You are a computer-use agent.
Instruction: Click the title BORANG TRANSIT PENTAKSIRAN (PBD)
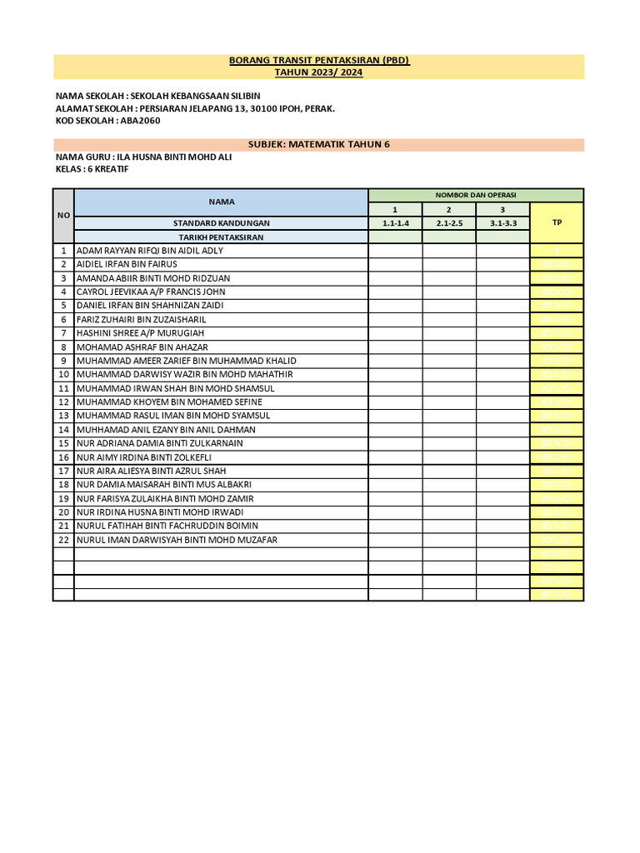319,61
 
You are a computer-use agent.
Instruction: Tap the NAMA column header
222,202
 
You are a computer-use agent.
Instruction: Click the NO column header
63,215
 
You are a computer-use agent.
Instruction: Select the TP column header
557,223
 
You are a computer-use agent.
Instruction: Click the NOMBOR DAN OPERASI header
476,195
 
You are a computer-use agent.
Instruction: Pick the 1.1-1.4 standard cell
395,223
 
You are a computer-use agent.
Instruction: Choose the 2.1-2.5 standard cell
448,223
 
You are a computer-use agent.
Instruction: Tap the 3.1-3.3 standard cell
502,223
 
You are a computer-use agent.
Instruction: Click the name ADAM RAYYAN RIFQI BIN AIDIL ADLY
150,251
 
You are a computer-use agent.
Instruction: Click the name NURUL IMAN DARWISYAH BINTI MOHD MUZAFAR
177,540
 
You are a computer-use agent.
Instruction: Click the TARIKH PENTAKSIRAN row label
222,237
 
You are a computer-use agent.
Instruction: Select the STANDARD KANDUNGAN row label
222,223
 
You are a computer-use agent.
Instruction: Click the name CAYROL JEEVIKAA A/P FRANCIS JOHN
150,292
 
